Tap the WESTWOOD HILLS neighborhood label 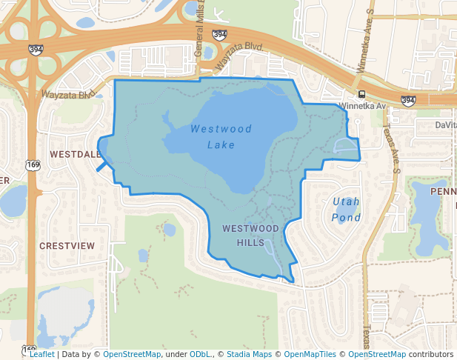tap(250, 235)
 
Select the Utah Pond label tap(347, 209)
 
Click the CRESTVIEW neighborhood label tap(67, 245)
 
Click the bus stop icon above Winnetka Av tap(361, 94)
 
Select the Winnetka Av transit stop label tap(363, 106)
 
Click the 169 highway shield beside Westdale tap(31, 165)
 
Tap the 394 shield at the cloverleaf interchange tap(36, 50)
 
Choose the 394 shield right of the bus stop tap(408, 100)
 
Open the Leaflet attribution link tap(41, 354)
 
